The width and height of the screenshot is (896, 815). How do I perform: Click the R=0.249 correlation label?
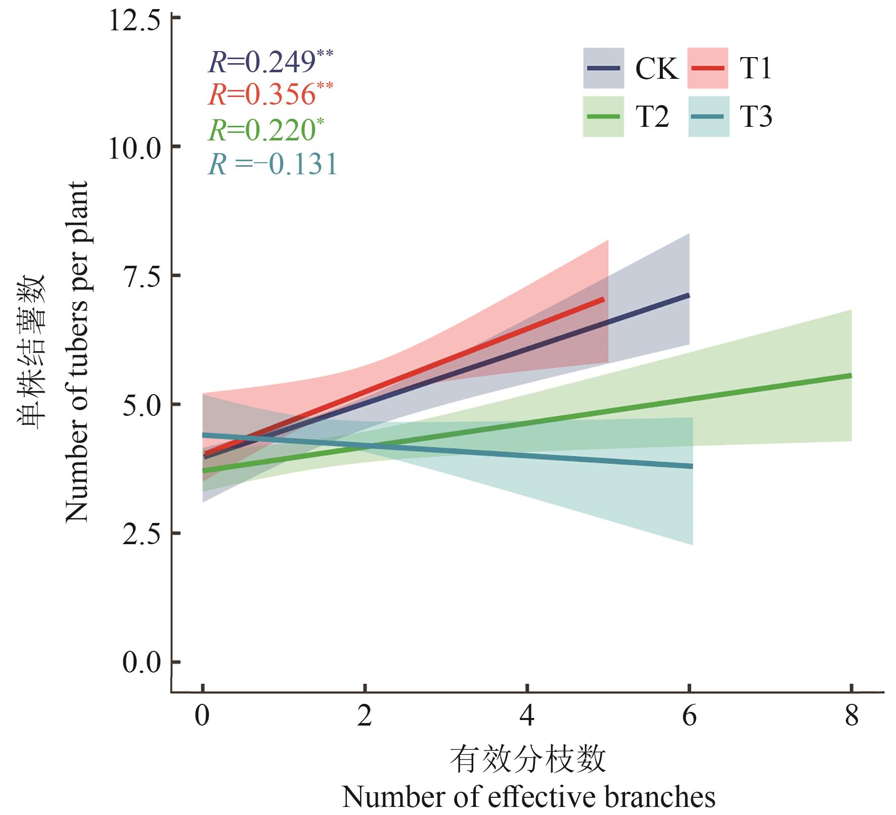click(x=270, y=62)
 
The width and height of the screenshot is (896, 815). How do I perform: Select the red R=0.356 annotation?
click(x=270, y=93)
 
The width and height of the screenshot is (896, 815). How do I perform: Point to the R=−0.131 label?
click(x=273, y=164)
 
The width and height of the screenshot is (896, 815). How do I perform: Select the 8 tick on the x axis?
click(x=852, y=716)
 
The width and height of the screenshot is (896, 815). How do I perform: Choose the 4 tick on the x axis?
click(x=527, y=716)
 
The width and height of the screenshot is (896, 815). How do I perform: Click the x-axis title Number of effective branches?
click(x=528, y=797)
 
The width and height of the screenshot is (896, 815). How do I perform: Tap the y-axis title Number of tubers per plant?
click(x=77, y=352)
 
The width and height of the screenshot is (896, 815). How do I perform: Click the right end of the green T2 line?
click(x=851, y=375)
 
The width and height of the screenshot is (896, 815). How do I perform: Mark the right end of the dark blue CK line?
click(x=689, y=295)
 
